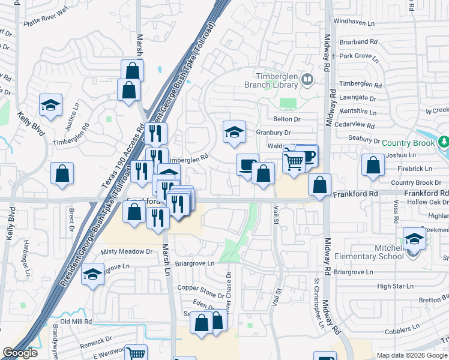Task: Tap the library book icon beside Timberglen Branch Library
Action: [307, 79]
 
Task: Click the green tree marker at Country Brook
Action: [444, 142]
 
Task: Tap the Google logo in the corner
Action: [20, 353]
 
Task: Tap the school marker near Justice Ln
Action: [51, 105]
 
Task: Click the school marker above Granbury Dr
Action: [234, 132]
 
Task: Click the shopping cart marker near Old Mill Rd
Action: [136, 353]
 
